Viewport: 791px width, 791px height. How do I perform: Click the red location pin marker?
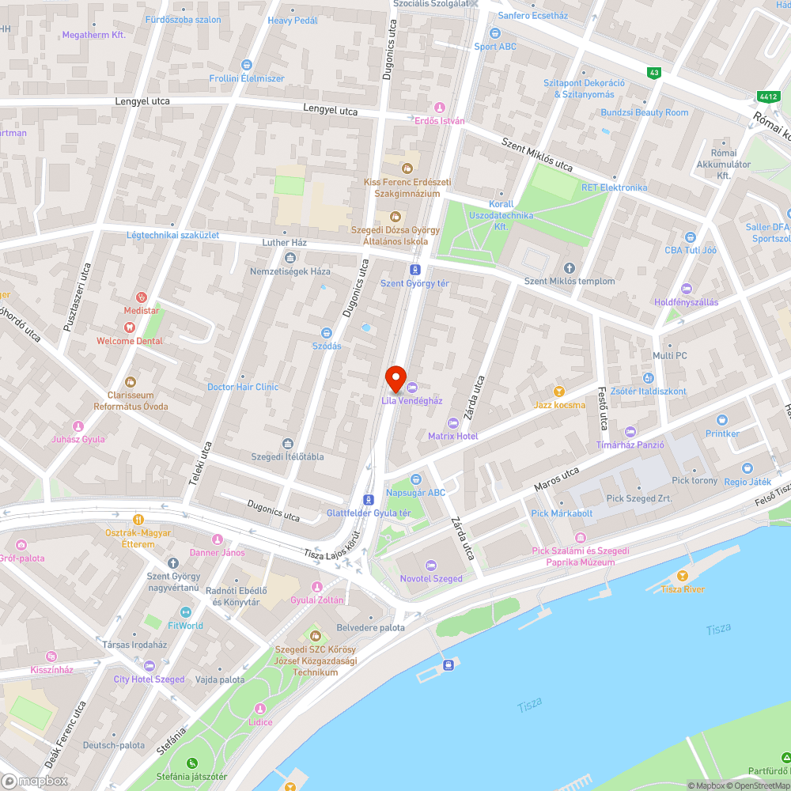tap(395, 379)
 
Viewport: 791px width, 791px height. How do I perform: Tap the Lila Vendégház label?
tap(411, 401)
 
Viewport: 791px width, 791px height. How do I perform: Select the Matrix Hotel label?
tap(452, 436)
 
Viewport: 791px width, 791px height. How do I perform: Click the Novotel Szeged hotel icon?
tap(430, 565)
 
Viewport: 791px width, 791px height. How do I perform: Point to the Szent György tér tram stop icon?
tap(414, 270)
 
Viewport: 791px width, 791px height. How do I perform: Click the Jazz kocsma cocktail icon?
tap(559, 392)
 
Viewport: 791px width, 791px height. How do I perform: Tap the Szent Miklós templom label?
tap(570, 281)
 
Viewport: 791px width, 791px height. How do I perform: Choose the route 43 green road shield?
tap(653, 73)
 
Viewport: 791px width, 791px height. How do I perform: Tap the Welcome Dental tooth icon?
tap(129, 326)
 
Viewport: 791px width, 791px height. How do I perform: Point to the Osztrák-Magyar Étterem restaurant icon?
tap(138, 520)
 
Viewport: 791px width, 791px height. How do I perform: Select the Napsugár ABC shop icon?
tap(415, 479)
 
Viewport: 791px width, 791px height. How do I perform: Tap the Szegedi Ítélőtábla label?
tap(287, 456)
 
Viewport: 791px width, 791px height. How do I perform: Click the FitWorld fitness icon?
tap(185, 611)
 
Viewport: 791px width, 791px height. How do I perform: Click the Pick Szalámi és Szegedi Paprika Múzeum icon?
tap(581, 539)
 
